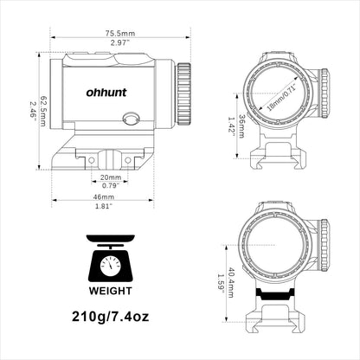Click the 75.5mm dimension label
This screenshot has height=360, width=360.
(x=119, y=33)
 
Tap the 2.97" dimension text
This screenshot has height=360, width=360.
(x=120, y=43)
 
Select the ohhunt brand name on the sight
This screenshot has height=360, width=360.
(x=106, y=93)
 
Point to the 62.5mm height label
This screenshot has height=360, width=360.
(x=42, y=111)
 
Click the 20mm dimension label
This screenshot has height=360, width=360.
(x=111, y=177)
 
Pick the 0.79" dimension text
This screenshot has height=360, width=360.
(x=111, y=185)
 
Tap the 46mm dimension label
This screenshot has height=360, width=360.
(x=104, y=197)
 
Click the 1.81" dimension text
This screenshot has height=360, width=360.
(x=104, y=206)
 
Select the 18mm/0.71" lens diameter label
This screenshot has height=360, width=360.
(x=282, y=98)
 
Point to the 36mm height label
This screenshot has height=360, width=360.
(x=241, y=126)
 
